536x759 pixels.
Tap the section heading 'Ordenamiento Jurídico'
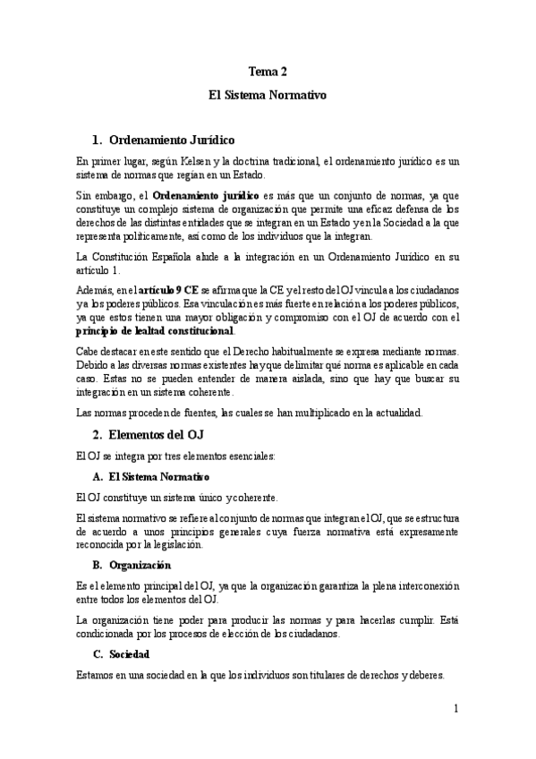click(x=171, y=140)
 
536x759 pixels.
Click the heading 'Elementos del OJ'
click(x=156, y=435)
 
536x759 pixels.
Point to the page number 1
click(x=455, y=709)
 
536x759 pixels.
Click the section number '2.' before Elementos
click(x=98, y=435)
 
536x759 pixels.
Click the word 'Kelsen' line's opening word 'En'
click(x=83, y=161)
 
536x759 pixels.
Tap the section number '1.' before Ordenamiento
click(x=98, y=140)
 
